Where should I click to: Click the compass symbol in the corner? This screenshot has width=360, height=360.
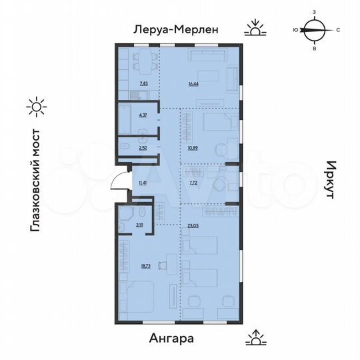tap(315, 30)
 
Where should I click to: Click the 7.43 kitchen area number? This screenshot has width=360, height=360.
tap(143, 84)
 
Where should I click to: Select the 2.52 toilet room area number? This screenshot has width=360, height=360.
tap(143, 146)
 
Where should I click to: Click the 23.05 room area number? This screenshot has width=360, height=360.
tap(193, 227)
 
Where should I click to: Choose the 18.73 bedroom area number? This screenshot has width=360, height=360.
tap(145, 265)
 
